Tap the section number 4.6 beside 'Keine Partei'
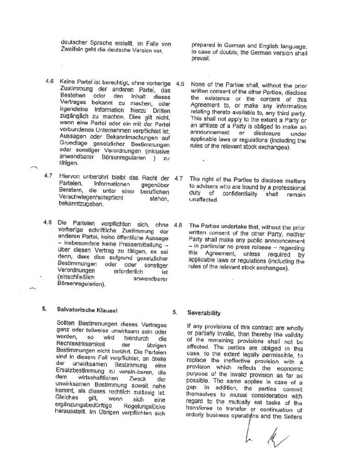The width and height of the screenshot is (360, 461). point(50,81)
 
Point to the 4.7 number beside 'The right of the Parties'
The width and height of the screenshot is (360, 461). point(178,179)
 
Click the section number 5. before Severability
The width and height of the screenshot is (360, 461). point(176,313)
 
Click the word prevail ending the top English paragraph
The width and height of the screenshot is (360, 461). point(200,58)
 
